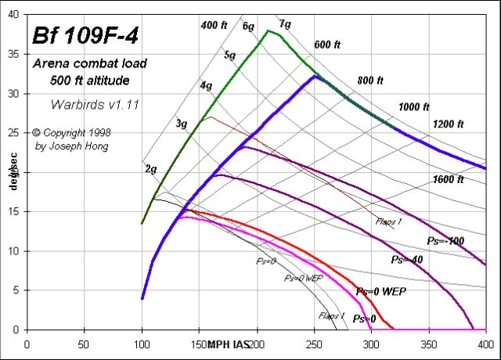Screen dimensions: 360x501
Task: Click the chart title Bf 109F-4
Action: point(85,37)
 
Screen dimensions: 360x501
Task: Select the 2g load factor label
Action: point(150,168)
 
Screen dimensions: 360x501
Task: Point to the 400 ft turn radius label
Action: point(214,26)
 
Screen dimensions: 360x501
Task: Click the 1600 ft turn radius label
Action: point(448,179)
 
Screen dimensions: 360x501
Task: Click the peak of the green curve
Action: point(269,31)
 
